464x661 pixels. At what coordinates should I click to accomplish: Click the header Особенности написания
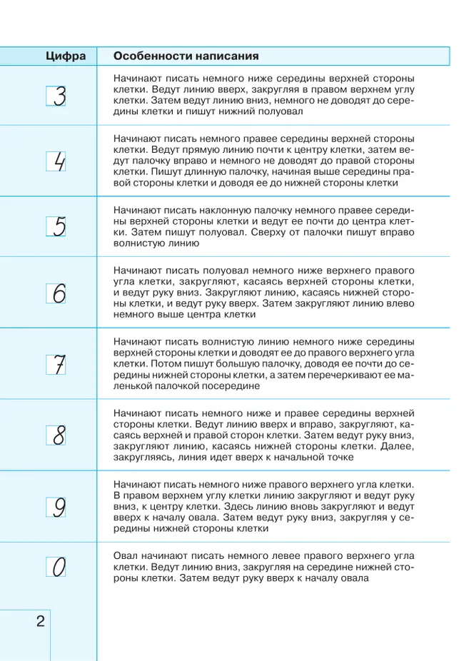[186, 56]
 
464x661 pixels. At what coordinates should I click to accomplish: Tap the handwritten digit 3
[59, 96]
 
